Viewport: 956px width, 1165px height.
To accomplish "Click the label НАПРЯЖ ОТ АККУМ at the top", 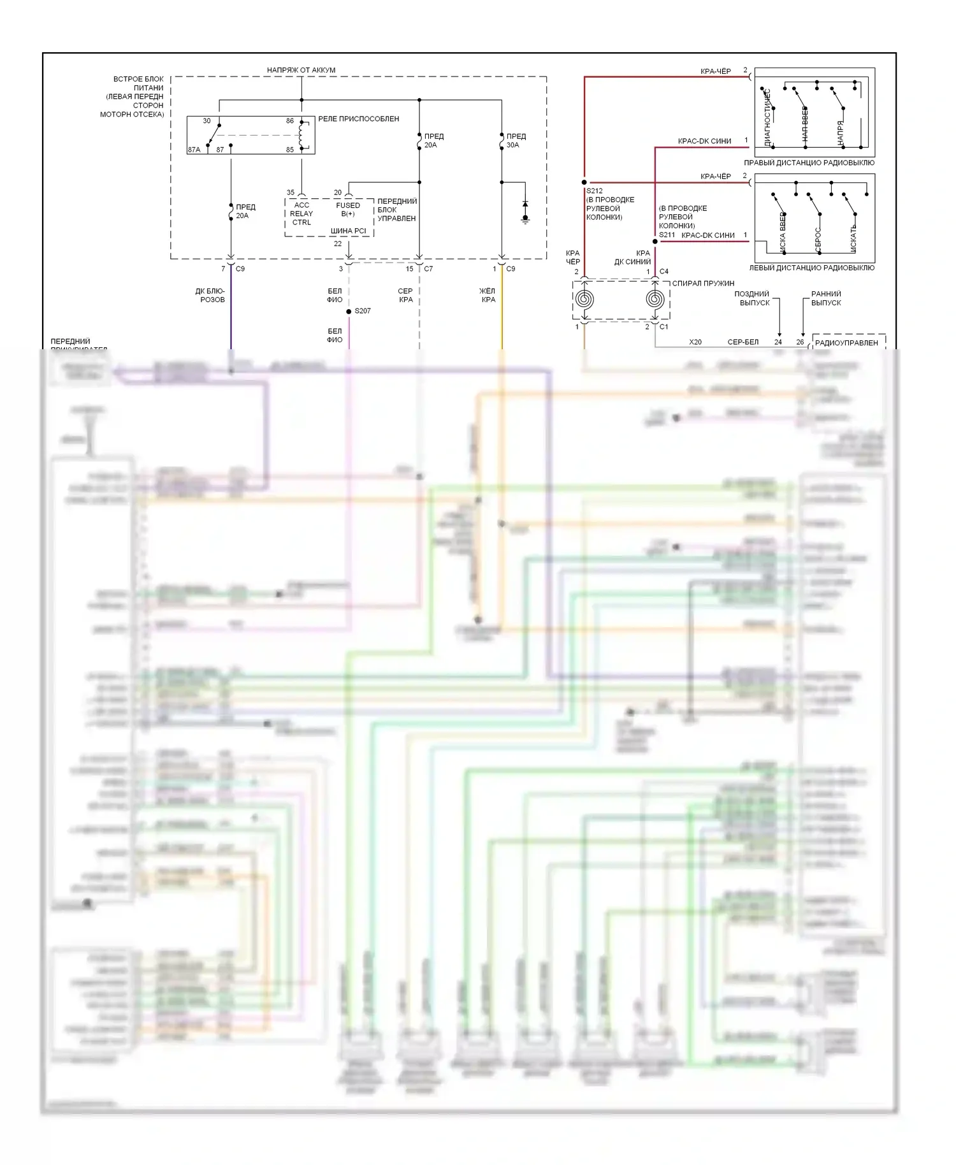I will point(301,70).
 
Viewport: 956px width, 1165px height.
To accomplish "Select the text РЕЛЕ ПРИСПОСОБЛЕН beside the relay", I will point(359,119).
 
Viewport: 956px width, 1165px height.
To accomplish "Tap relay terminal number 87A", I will point(194,150).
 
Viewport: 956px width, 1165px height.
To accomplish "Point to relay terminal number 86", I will point(290,121).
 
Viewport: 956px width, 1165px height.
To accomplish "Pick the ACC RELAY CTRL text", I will point(301,213).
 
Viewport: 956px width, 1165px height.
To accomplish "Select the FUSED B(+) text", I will point(348,210).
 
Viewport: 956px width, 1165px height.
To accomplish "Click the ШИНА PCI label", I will point(348,231).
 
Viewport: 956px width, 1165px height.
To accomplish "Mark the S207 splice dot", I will point(349,312).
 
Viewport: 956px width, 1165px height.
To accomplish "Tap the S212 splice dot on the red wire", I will point(584,182).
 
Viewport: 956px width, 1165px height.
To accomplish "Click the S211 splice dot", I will point(655,242).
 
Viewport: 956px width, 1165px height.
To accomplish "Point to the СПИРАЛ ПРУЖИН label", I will point(703,284).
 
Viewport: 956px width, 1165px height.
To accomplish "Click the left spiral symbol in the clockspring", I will point(584,299).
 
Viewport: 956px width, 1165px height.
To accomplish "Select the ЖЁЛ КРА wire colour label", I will point(488,295).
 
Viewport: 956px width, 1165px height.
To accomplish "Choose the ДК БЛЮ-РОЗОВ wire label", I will point(211,295).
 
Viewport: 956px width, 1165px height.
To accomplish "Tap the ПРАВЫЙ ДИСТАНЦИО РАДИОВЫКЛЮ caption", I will point(809,163).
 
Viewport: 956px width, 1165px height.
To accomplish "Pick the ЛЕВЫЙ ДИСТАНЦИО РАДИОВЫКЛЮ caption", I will point(811,268).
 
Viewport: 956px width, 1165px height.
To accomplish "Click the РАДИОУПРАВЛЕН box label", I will point(846,343).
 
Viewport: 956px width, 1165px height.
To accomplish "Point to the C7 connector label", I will point(428,269).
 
